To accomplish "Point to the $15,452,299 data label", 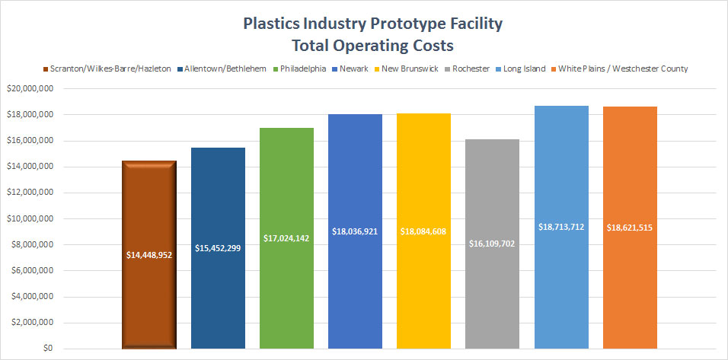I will click(x=218, y=248).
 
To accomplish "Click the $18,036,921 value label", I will click(x=356, y=230).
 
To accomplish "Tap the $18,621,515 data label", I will click(x=630, y=227).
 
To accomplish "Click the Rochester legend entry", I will click(x=474, y=68).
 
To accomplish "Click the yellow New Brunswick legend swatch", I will click(x=376, y=68).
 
